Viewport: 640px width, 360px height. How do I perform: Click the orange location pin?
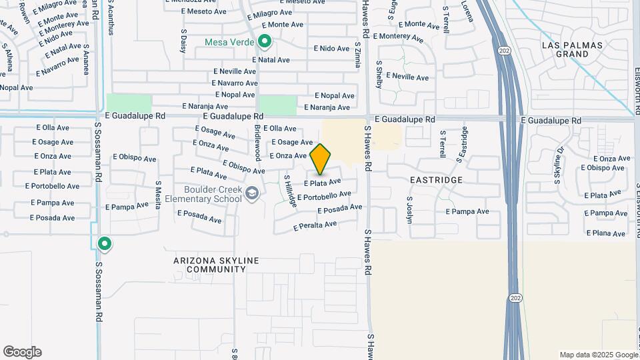[x=321, y=159]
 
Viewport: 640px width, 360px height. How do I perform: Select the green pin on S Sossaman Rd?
[x=104, y=244]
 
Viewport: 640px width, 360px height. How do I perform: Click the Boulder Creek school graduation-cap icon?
[x=252, y=194]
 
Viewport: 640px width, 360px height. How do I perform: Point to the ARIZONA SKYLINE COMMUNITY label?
[x=207, y=265]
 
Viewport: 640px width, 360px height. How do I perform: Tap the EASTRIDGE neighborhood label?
[x=436, y=180]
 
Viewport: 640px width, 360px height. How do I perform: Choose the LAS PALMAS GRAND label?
[x=572, y=49]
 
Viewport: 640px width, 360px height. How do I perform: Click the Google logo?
[x=22, y=352]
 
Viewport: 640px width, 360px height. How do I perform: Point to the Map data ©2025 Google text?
[x=598, y=355]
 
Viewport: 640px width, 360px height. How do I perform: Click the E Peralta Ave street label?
[x=315, y=227]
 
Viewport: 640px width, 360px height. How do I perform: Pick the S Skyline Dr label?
[x=558, y=165]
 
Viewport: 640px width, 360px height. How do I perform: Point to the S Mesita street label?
[x=158, y=195]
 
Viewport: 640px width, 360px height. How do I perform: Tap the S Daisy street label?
[x=183, y=40]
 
